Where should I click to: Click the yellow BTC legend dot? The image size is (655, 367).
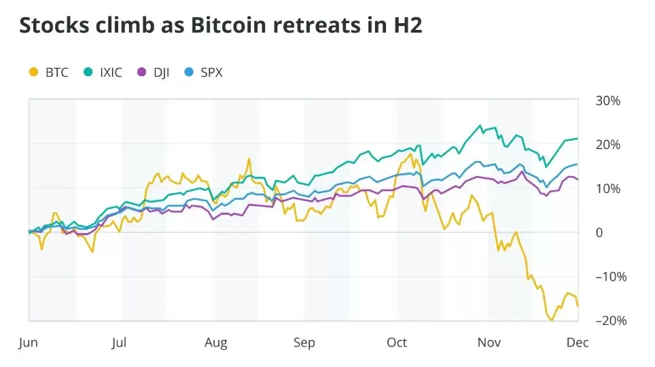tap(33, 72)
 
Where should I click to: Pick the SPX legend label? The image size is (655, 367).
tap(211, 72)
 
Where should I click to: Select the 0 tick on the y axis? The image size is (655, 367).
tap(599, 232)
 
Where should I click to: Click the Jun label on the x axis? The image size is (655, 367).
tap(28, 342)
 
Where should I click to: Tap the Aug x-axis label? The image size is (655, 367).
tap(216, 342)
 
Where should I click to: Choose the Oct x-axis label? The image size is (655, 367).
tap(397, 342)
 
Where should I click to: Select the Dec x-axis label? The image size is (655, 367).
tap(579, 342)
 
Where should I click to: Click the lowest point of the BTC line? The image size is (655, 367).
tap(552, 320)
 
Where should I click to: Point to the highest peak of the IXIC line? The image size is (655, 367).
tap(480, 126)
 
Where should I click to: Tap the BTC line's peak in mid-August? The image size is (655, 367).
tap(249, 159)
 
